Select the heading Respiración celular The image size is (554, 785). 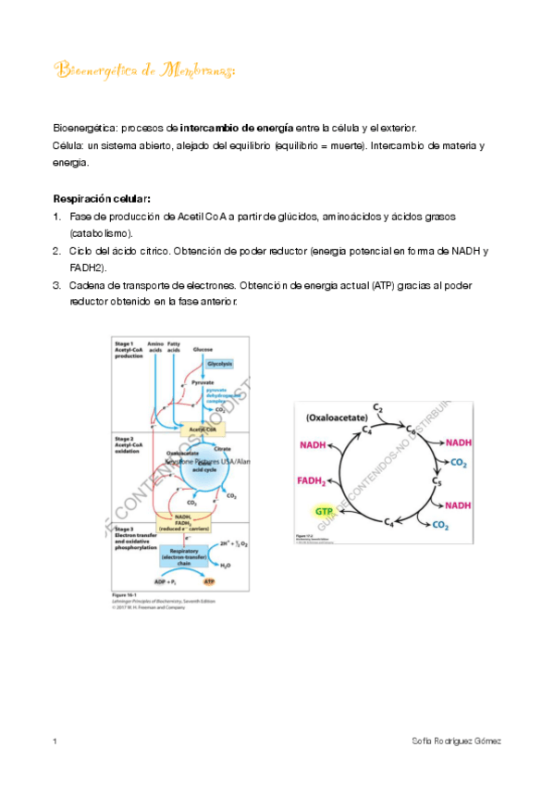[x=102, y=198]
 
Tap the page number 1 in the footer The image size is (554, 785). [x=56, y=742]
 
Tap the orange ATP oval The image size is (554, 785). [x=220, y=581]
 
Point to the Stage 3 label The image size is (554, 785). [x=126, y=527]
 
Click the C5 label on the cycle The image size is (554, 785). [x=437, y=482]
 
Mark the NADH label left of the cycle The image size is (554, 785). [x=314, y=446]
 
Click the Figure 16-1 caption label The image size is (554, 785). [x=125, y=595]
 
